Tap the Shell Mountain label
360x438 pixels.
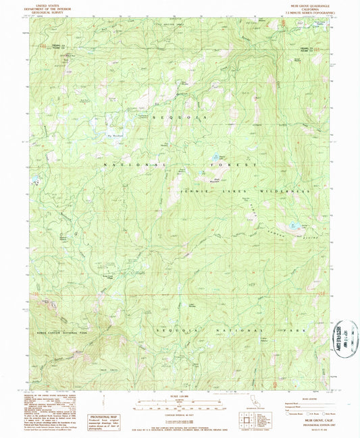[x=202, y=178]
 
